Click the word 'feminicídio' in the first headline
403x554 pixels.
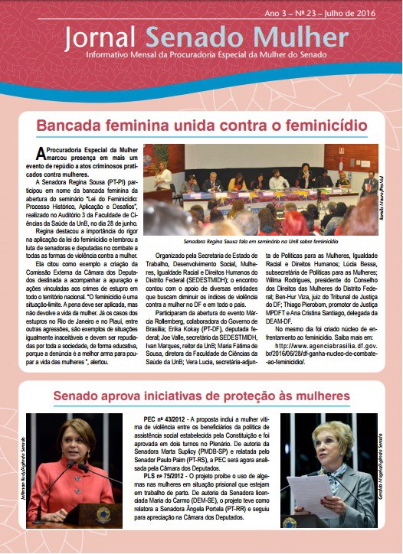point(309,125)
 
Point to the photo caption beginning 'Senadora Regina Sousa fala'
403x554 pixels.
point(260,241)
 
